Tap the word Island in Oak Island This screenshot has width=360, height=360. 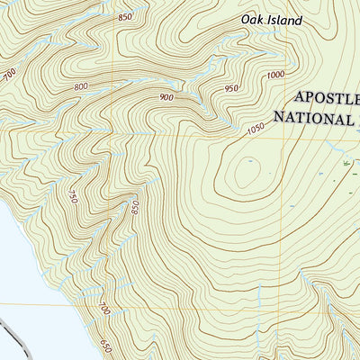click(285, 19)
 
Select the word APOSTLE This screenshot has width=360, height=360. click(326, 98)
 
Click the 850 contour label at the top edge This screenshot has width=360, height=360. click(124, 17)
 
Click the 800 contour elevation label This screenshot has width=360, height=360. click(82, 87)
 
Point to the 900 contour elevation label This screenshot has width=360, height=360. click(166, 97)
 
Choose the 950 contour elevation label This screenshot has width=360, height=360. click(232, 88)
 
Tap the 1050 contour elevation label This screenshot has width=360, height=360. click(256, 131)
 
